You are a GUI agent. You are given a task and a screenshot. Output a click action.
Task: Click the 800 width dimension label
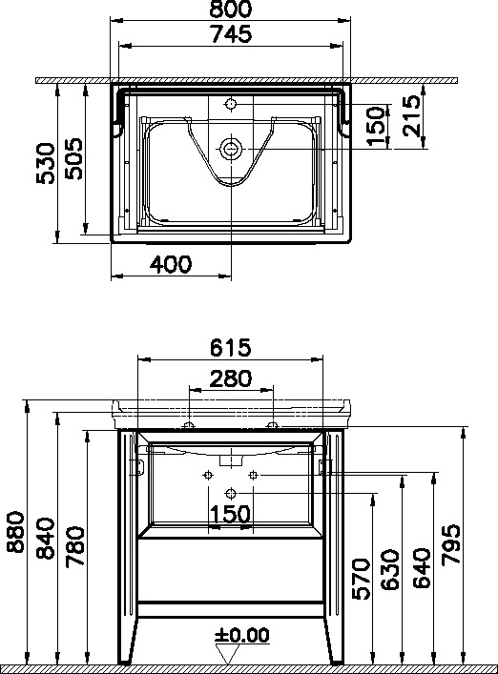[230, 9]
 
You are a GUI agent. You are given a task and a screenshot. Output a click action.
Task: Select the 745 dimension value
[231, 34]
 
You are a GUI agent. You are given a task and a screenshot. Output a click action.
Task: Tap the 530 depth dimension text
[46, 164]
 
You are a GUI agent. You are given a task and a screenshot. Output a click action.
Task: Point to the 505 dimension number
[73, 158]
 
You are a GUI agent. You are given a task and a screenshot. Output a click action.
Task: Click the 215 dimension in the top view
[412, 115]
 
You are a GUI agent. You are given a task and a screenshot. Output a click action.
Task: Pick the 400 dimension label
[171, 264]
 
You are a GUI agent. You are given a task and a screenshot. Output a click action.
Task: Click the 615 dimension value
[230, 347]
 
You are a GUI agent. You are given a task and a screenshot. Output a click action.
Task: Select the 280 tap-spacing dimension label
[230, 378]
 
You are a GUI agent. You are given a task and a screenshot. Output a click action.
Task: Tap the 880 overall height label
[16, 532]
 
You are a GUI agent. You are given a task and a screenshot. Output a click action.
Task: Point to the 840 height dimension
[46, 539]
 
